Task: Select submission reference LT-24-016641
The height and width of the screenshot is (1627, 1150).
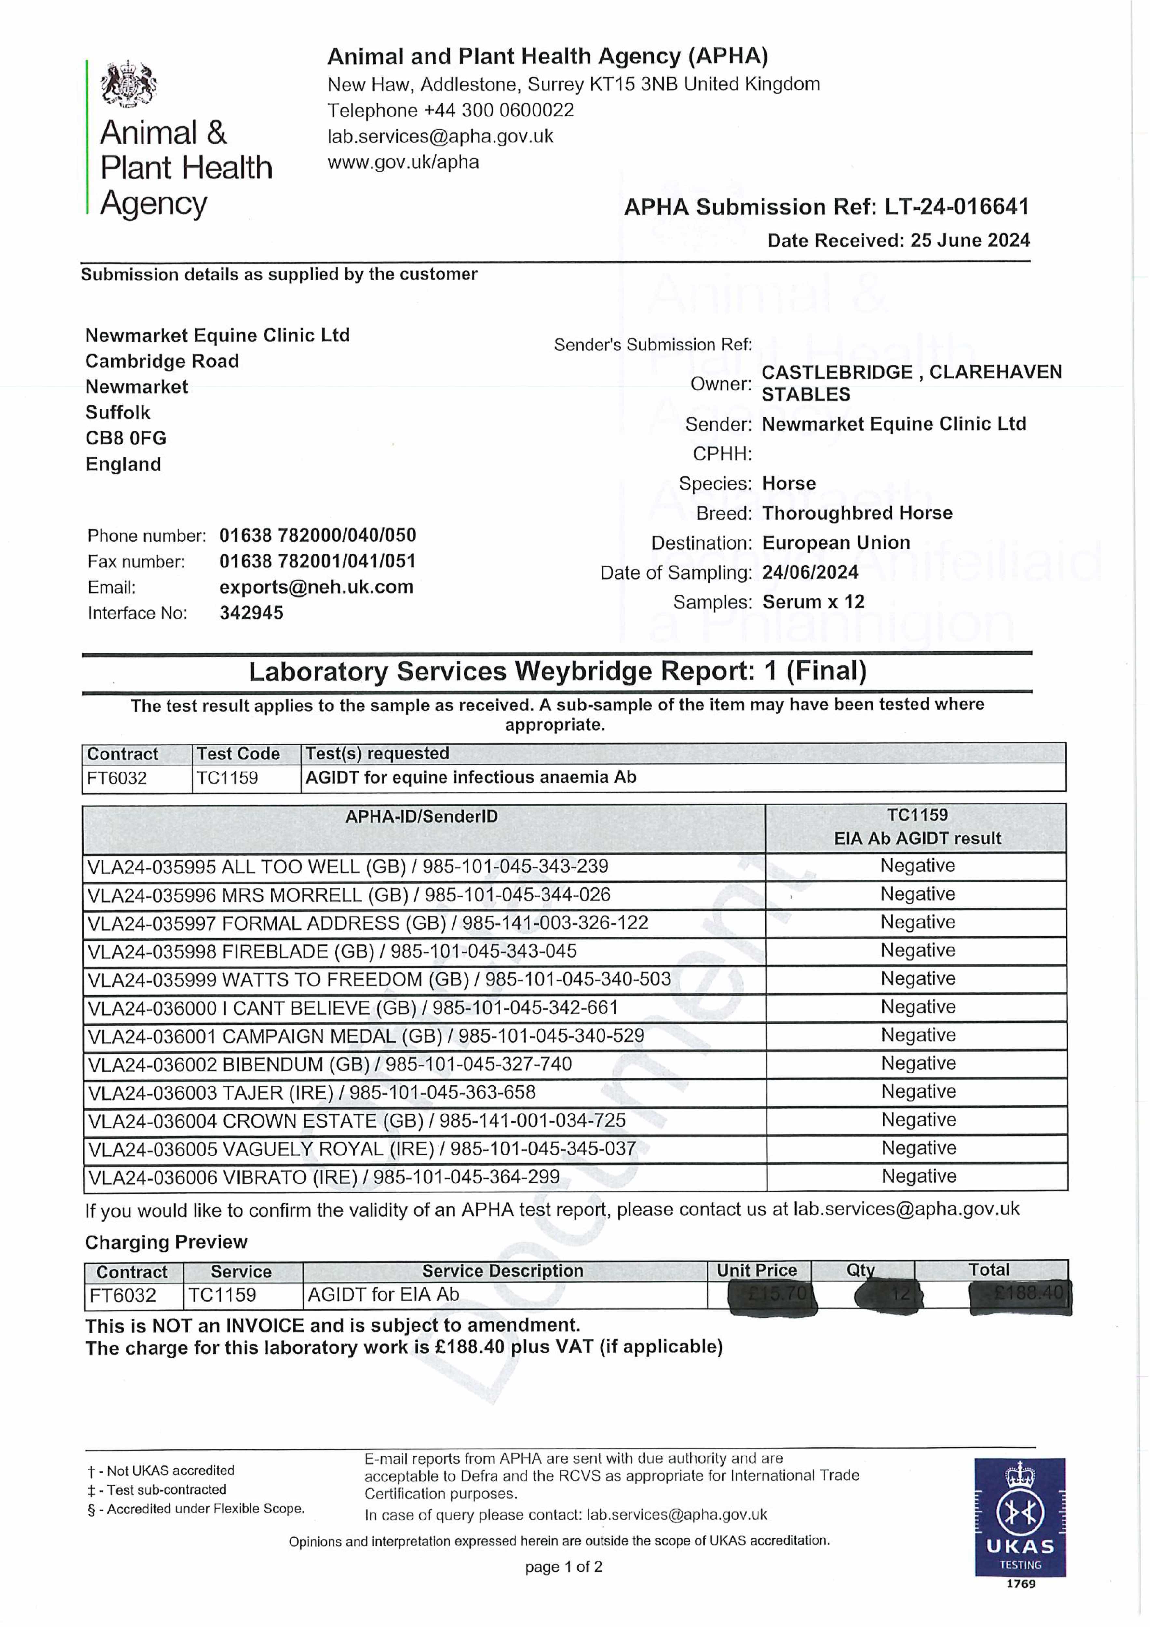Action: pos(956,207)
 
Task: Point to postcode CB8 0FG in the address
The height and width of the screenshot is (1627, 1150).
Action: pos(126,439)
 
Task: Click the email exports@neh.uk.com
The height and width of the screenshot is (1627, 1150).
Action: pos(316,587)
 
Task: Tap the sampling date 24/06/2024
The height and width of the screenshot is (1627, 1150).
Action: pos(810,573)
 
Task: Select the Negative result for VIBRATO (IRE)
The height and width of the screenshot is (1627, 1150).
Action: pos(918,1176)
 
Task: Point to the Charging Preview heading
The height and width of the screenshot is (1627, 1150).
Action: pos(166,1242)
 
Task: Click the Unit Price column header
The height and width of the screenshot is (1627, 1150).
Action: pos(757,1271)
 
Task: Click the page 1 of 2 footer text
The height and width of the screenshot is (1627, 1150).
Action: pos(563,1567)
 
